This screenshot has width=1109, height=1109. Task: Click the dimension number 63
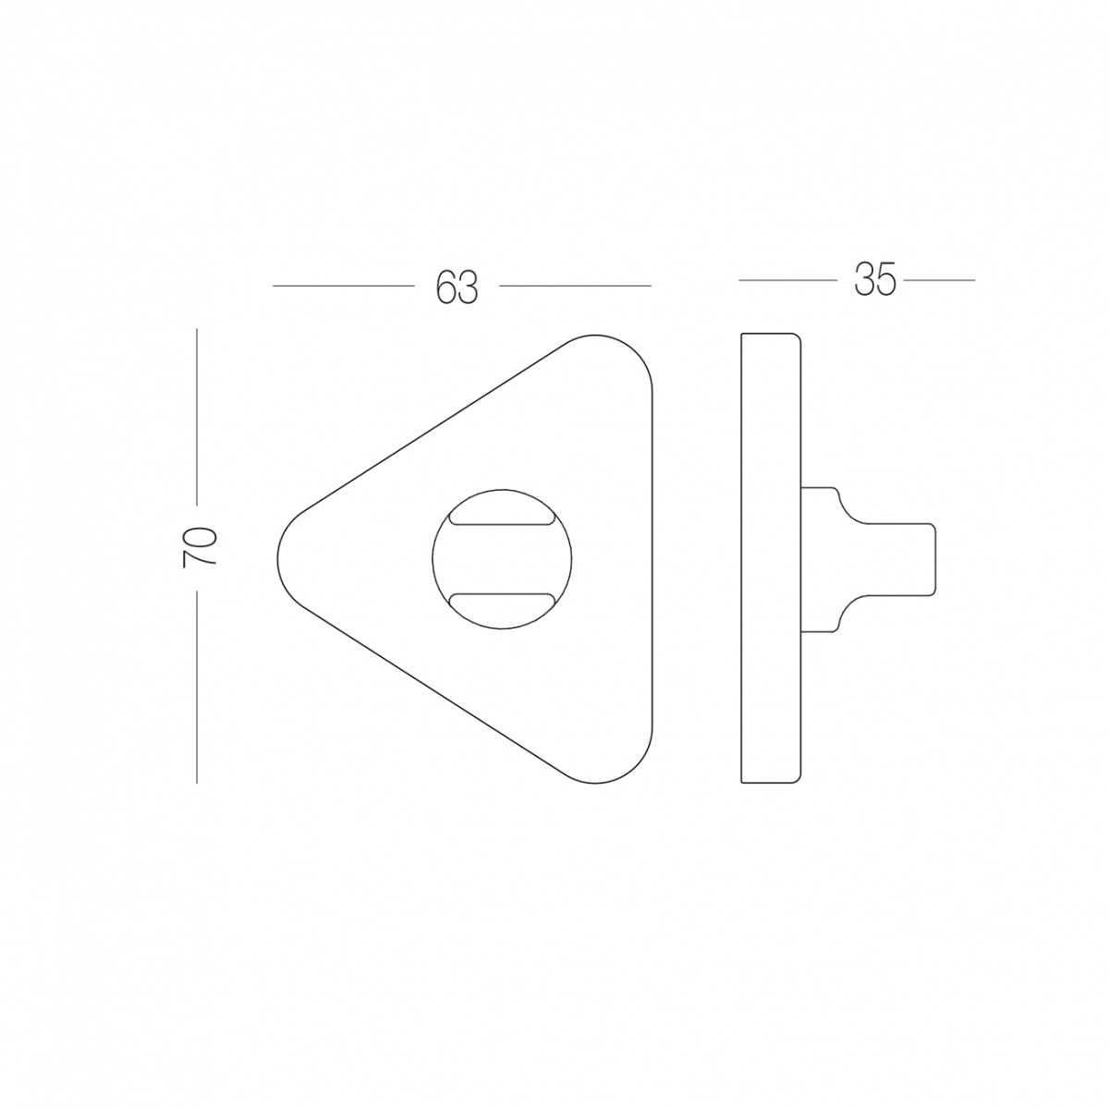pos(457,286)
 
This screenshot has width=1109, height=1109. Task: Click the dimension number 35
pos(875,280)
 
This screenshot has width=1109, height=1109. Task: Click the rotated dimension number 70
pos(199,547)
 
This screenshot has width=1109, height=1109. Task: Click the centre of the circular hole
pos(502,558)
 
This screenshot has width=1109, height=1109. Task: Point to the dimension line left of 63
pos(344,286)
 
